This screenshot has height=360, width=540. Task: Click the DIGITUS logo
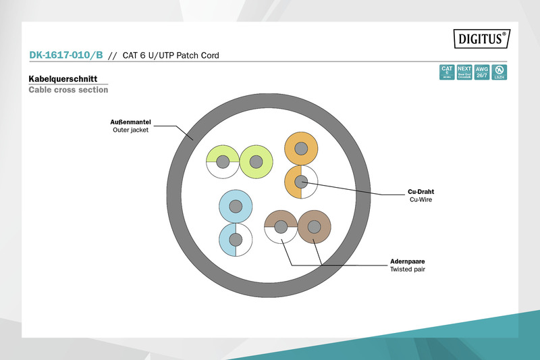tap(480, 40)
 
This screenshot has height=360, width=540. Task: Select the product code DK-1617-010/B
tap(65, 55)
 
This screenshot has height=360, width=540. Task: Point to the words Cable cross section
tap(68, 90)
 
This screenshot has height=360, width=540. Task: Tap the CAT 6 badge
tap(446, 72)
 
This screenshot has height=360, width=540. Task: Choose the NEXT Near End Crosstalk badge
tap(464, 72)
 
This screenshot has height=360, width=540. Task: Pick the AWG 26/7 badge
tap(482, 72)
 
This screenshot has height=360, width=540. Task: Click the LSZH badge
tap(500, 72)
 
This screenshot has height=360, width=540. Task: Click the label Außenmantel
tap(131, 122)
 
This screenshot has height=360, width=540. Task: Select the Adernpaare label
tap(407, 261)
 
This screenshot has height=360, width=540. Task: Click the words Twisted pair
tap(408, 269)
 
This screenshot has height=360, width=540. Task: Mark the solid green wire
tap(255, 162)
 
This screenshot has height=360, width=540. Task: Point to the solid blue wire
tap(236, 206)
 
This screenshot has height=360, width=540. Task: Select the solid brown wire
tap(314, 227)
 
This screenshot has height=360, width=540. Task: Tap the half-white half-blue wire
tap(236, 240)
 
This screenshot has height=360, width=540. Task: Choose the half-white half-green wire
tap(222, 162)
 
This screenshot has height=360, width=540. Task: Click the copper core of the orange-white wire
tap(301, 181)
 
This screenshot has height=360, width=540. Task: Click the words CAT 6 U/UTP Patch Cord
tap(171, 55)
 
